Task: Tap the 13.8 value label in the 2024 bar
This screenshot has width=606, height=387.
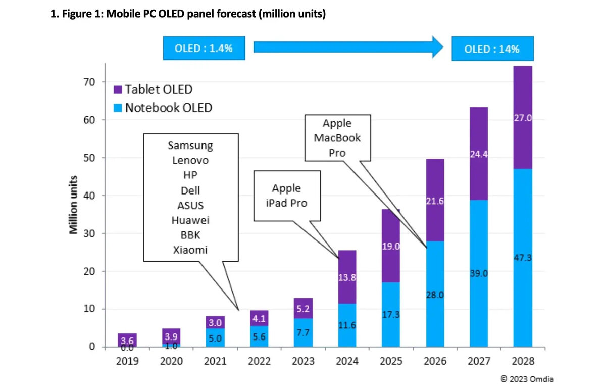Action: [347, 277]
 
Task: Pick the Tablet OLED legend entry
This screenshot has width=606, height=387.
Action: [153, 90]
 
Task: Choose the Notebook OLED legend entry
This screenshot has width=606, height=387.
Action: [163, 108]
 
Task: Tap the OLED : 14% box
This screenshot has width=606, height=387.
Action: [492, 49]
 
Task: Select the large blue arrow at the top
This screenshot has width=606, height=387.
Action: [348, 47]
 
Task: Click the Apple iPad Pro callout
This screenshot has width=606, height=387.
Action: [286, 196]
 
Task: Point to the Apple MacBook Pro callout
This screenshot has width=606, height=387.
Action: [337, 137]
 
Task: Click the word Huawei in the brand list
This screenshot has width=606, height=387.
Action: [190, 220]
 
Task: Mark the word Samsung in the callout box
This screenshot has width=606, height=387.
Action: [190, 146]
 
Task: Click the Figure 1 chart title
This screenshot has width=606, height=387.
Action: [188, 14]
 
